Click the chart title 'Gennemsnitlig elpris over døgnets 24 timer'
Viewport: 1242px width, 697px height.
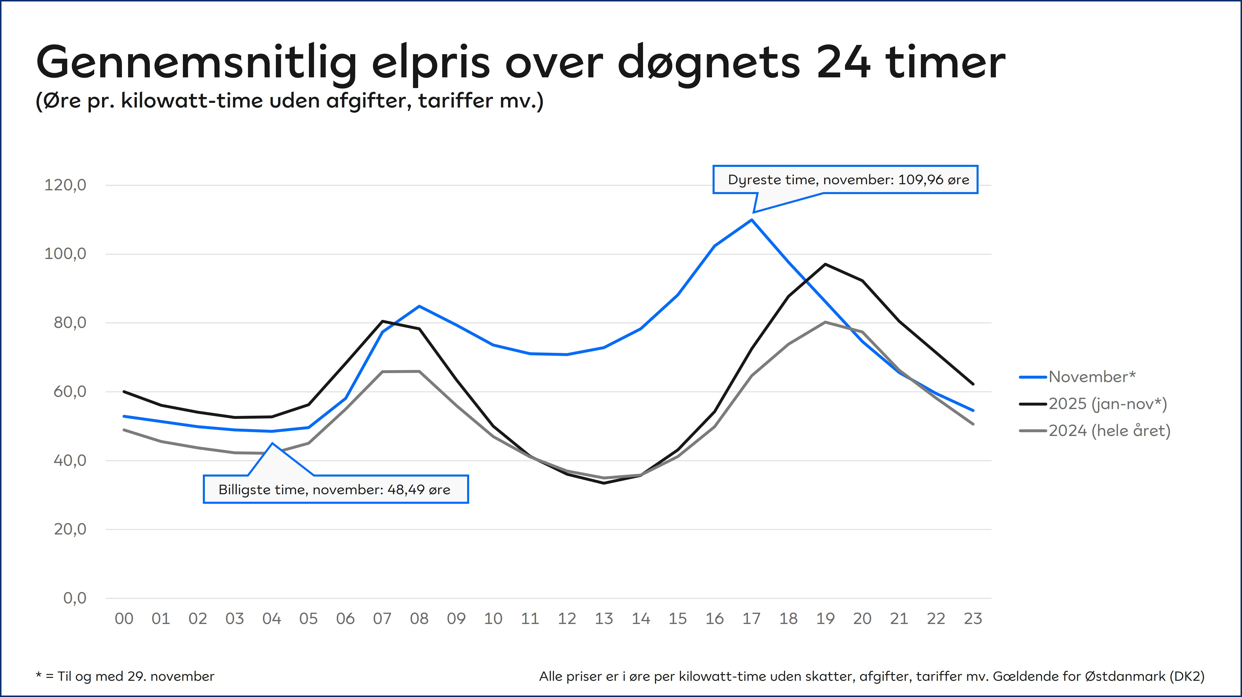tap(521, 63)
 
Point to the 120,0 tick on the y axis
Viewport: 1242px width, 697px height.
tap(65, 185)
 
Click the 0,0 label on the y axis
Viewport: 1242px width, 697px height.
tap(75, 598)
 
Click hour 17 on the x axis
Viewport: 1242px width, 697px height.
tap(751, 619)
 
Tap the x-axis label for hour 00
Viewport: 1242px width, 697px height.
tap(124, 619)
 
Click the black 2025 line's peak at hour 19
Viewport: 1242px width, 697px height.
tap(825, 264)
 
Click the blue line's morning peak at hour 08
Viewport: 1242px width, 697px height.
tap(420, 306)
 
